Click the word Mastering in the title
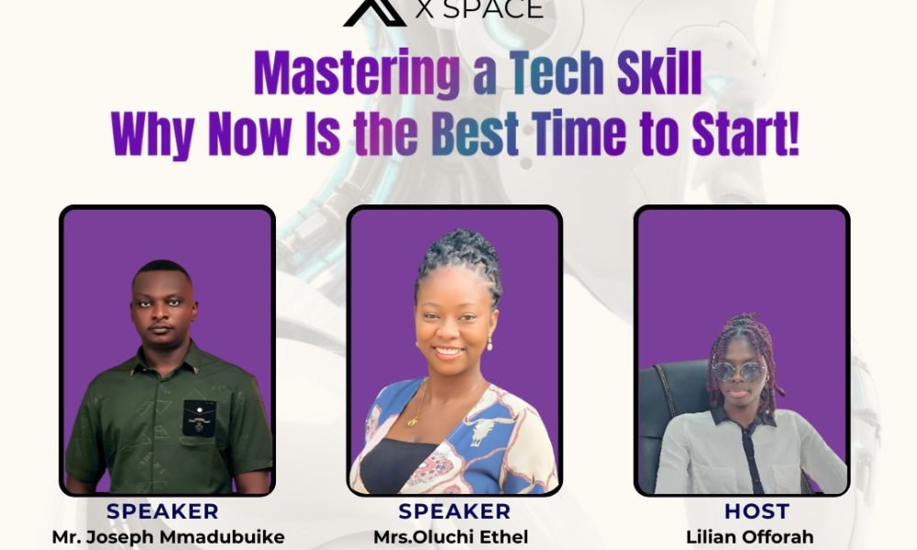tap(357, 73)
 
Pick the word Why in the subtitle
tap(152, 135)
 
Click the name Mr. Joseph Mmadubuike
tap(169, 537)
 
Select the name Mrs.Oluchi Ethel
tap(451, 537)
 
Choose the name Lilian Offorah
tap(750, 537)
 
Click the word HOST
tap(757, 511)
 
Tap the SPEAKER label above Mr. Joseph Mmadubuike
tap(162, 511)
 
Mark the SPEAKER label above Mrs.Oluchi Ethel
tap(455, 511)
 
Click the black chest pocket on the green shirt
tap(199, 419)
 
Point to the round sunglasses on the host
tap(738, 371)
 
